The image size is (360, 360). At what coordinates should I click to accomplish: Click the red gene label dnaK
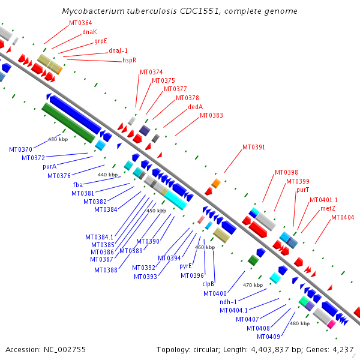90,32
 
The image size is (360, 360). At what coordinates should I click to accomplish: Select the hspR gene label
129,60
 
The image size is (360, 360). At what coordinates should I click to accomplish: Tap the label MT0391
254,147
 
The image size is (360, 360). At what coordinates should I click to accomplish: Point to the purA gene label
50,166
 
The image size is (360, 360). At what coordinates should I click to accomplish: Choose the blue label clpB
208,284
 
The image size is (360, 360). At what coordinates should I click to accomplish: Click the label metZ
328,208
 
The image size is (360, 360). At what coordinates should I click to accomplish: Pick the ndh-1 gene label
228,302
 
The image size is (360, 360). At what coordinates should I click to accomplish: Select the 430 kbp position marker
58,139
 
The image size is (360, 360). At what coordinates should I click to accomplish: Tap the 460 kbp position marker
205,247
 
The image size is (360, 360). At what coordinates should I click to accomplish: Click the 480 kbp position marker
299,323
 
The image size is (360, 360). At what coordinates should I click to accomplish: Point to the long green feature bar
68,123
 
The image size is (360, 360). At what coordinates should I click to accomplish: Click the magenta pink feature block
331,325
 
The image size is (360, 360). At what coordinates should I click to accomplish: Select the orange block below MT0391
216,183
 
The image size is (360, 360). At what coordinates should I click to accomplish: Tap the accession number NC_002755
65,350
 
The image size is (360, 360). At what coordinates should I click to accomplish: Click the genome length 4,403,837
270,350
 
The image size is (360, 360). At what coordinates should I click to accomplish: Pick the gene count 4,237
343,350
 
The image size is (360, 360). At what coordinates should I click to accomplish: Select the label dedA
196,107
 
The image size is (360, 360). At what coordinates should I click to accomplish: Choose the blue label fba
78,185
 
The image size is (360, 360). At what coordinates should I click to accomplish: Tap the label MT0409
268,337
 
